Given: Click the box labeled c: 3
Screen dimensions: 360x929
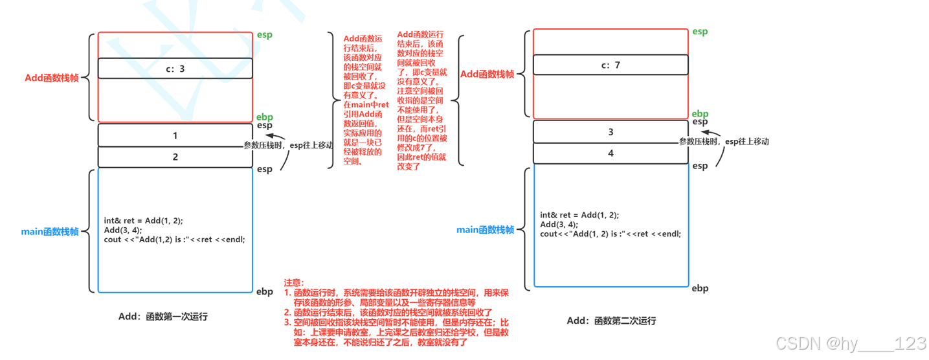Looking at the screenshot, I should tap(175, 68).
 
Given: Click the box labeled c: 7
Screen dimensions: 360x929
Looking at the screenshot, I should tap(610, 65).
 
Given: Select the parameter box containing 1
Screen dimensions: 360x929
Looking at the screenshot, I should tap(175, 136).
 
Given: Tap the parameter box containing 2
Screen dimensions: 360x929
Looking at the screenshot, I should tap(175, 157).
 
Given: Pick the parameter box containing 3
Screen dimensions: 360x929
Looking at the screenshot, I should tap(610, 132).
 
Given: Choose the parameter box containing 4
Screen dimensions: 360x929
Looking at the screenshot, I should tap(610, 153).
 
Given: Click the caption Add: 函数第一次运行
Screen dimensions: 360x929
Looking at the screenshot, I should tap(163, 317).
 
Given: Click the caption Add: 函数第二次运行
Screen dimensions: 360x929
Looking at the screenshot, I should tap(611, 321).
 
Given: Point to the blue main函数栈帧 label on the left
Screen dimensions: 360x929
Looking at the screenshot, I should tap(50, 232).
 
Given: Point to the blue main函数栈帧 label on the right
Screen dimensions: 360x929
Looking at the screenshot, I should tap(486, 229).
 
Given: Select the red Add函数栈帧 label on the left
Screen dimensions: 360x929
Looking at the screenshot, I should tap(52, 78).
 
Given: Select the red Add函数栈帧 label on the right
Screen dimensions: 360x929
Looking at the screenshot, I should tap(487, 74).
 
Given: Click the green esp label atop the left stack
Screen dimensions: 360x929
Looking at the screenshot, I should tap(265, 34).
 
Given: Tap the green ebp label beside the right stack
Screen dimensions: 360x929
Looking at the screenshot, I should tap(700, 113).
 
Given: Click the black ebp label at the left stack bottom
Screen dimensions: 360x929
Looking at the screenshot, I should tap(265, 292).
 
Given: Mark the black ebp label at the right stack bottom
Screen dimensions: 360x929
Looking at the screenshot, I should tap(700, 288).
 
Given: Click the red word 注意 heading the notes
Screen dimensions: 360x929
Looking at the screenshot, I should tap(293, 283).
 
